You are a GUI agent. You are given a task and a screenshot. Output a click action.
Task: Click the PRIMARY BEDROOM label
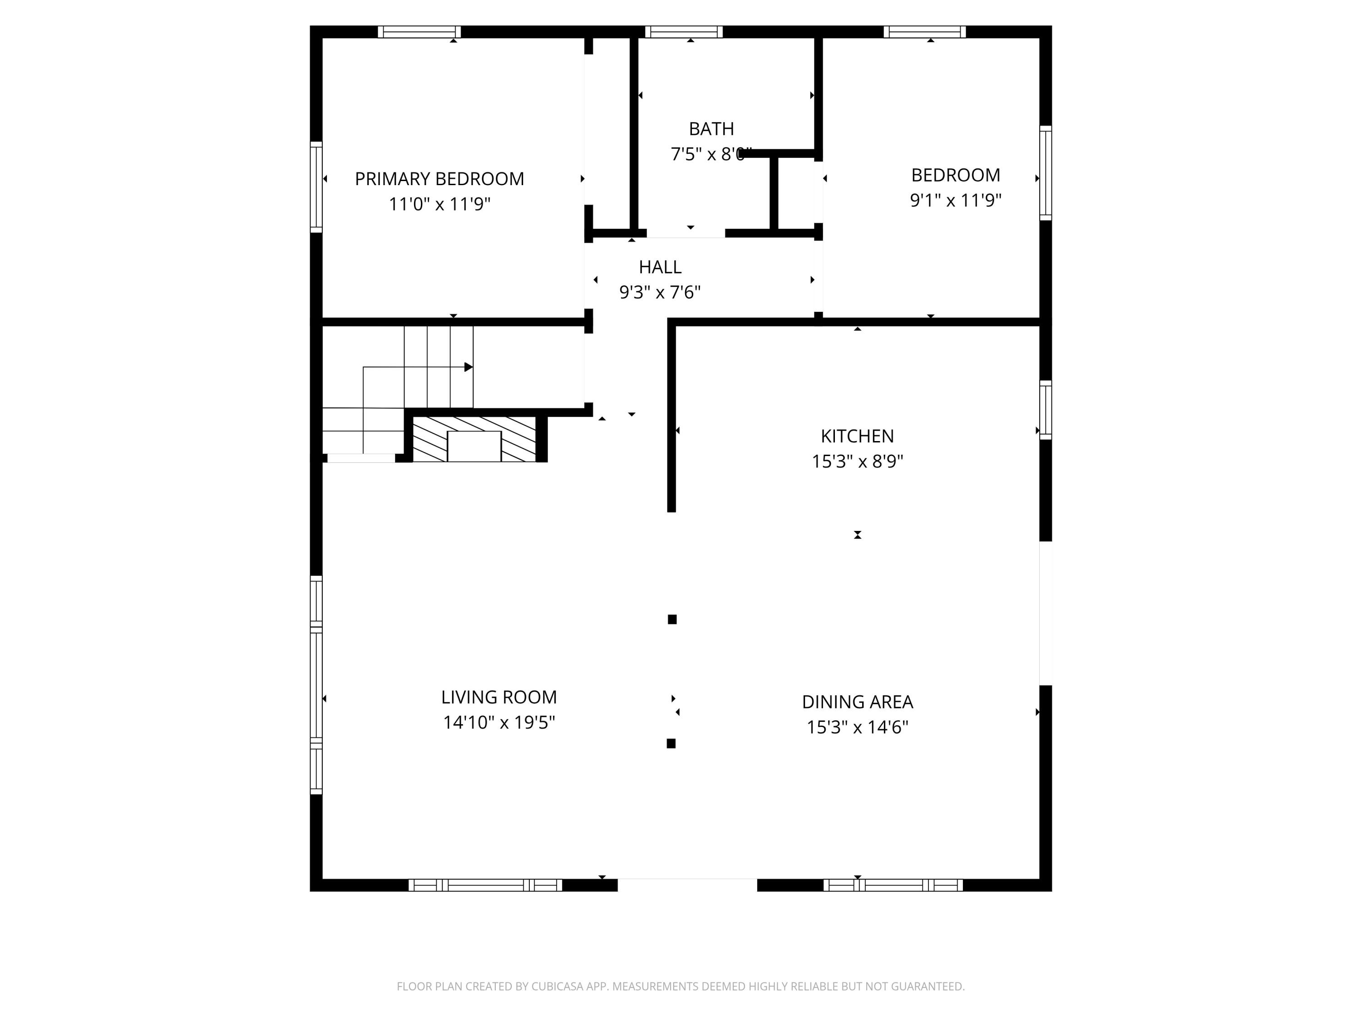[439, 179]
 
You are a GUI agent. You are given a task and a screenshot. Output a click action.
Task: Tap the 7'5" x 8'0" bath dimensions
[711, 154]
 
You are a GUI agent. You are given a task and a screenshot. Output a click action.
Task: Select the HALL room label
[660, 267]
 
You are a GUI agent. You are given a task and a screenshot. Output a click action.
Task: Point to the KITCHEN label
[857, 437]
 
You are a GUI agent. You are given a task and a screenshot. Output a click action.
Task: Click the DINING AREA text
[857, 702]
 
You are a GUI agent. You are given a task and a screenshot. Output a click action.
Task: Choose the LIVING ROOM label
[499, 697]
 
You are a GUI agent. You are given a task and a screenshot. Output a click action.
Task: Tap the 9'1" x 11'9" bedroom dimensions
[956, 200]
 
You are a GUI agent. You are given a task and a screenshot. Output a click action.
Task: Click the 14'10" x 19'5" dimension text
[499, 722]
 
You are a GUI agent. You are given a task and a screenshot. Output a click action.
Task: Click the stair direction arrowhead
[469, 368]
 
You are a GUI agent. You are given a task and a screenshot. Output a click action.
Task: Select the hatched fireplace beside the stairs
[474, 439]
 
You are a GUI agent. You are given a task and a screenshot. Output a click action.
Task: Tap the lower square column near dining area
[671, 743]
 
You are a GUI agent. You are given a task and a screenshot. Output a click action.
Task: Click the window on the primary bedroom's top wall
[419, 32]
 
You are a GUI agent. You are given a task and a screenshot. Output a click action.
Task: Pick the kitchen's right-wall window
[1046, 410]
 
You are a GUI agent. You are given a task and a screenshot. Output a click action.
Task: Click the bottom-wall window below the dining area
[893, 885]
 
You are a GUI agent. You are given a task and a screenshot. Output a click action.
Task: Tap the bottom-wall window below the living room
[485, 885]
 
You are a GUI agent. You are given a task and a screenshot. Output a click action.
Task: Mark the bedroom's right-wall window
[1046, 173]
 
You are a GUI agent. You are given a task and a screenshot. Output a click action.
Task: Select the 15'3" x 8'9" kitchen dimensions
[857, 461]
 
